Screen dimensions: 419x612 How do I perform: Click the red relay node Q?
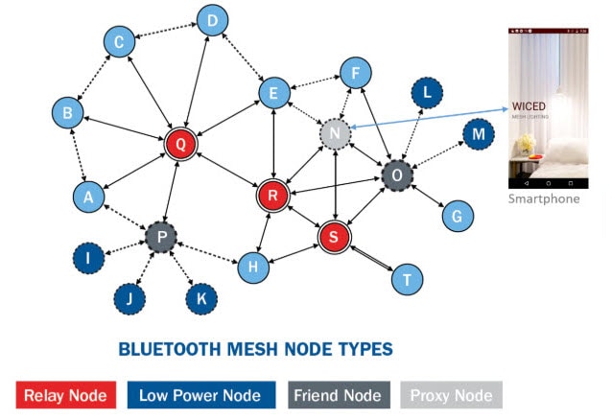(x=180, y=144)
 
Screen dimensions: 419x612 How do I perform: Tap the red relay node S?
(x=335, y=236)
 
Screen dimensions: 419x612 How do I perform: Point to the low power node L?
(x=427, y=93)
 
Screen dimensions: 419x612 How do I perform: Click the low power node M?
(x=478, y=136)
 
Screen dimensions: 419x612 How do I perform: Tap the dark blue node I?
(x=90, y=257)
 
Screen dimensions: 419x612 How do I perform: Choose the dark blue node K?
(x=201, y=298)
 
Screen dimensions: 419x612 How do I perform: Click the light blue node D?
(x=212, y=19)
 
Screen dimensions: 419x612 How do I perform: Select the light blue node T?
(x=408, y=279)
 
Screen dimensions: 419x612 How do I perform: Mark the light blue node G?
(x=457, y=217)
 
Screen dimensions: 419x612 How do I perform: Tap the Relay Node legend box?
(x=66, y=395)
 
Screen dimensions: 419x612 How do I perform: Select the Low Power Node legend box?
(x=201, y=395)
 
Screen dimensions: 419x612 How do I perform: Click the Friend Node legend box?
(x=339, y=395)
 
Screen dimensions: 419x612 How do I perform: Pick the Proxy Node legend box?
(x=451, y=395)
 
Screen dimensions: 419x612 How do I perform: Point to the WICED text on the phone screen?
(x=530, y=106)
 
